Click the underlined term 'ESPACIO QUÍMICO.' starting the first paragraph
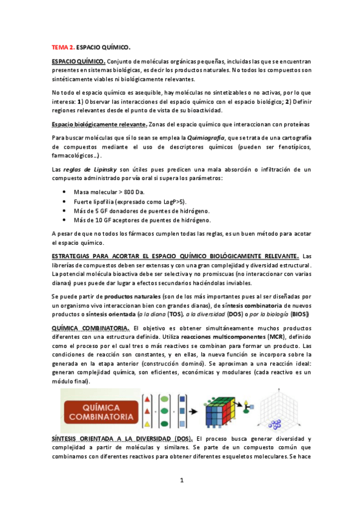click(79, 61)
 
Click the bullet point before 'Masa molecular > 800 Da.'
click(64, 192)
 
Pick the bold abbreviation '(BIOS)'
click(298, 315)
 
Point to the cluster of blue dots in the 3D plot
click(276, 424)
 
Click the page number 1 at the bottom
click(181, 481)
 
